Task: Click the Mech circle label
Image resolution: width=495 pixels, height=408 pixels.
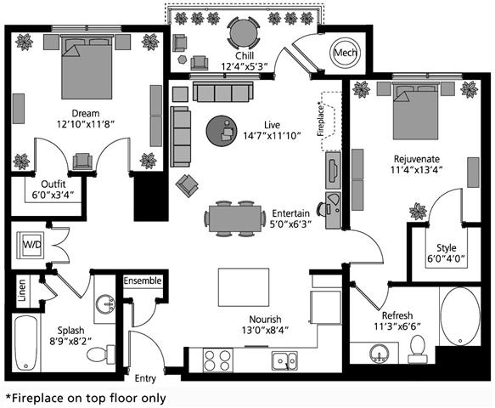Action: tap(346, 53)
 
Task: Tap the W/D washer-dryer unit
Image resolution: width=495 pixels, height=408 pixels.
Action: tap(31, 245)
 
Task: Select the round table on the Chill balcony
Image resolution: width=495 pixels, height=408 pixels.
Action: tap(244, 32)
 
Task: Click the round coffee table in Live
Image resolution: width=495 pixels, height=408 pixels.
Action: tap(222, 131)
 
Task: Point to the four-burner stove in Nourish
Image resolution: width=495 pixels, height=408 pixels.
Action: tap(217, 360)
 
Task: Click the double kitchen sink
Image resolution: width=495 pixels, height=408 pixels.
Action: tap(284, 360)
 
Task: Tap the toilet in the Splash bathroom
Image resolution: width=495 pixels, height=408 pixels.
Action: tap(101, 354)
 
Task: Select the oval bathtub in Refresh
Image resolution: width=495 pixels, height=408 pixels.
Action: tap(460, 317)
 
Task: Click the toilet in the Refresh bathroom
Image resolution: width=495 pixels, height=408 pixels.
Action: tap(418, 348)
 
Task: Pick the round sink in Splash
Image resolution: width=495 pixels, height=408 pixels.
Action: tap(105, 304)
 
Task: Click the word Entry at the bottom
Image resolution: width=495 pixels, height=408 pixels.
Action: tap(145, 378)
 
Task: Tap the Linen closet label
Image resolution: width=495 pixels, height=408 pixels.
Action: tap(22, 290)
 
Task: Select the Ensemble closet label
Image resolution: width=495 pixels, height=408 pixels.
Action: tap(143, 280)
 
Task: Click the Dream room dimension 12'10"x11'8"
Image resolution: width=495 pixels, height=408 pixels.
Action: tap(85, 124)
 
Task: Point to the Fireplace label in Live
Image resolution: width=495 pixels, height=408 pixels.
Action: tap(321, 118)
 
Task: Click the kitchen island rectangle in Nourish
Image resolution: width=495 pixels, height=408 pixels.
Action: tap(244, 287)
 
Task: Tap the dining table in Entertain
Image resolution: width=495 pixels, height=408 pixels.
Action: tap(235, 218)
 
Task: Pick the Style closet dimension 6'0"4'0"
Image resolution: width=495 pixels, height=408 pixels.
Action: tap(447, 259)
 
